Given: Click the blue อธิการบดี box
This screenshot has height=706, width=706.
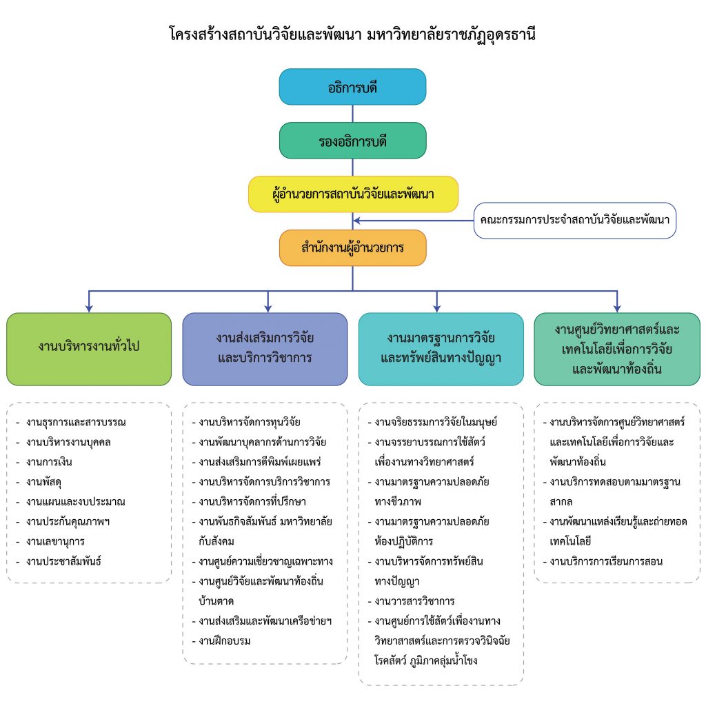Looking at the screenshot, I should (x=352, y=87).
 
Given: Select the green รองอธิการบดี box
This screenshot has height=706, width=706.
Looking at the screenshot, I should (x=352, y=141).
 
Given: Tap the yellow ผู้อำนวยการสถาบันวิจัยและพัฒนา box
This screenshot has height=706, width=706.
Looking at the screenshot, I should (x=352, y=194).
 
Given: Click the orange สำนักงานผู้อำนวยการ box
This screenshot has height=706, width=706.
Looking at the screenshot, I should (x=352, y=248).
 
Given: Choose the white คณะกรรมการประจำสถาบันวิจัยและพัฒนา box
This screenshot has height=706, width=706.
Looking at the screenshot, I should (x=575, y=221).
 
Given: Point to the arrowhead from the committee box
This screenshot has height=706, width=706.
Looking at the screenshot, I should (x=357, y=221).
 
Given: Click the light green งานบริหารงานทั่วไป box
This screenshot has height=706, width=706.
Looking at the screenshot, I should (x=89, y=349).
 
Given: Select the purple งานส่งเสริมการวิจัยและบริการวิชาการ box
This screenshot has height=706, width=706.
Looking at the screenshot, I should (x=265, y=349).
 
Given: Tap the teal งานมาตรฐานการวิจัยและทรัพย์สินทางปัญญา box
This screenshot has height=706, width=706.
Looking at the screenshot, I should (x=441, y=349).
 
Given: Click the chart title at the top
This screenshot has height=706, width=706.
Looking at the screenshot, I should (x=352, y=33).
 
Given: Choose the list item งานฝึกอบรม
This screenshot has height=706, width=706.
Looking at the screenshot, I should (x=224, y=641).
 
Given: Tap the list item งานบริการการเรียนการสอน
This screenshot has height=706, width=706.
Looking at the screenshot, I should (x=606, y=561).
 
